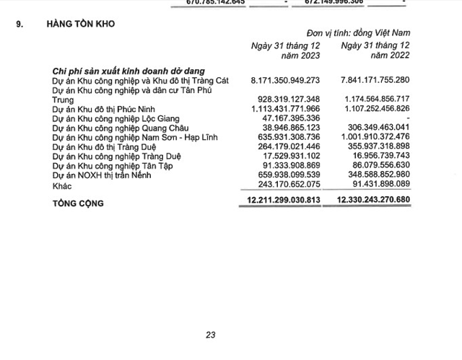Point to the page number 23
211,335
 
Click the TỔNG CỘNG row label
78,203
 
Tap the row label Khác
64,185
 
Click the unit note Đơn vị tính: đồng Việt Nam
368,32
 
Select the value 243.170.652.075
287,185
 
